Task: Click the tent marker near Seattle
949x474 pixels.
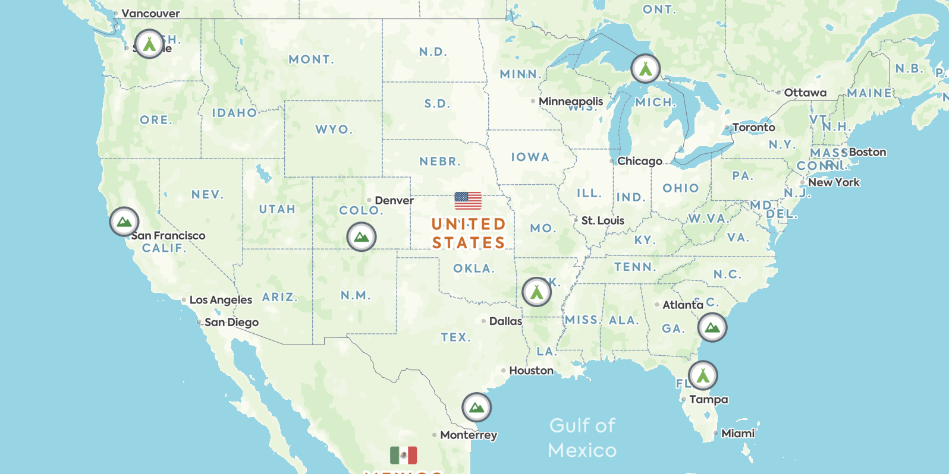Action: click(x=149, y=43)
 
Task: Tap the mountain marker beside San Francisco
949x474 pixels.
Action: click(x=124, y=222)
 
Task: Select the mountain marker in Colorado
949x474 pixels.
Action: click(x=361, y=237)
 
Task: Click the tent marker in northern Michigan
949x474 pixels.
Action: click(x=645, y=69)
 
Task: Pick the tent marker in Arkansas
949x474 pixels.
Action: click(x=536, y=292)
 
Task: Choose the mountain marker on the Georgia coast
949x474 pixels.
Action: click(x=712, y=327)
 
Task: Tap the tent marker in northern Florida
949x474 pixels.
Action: click(x=703, y=375)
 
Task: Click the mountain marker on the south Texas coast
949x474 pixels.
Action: click(x=476, y=407)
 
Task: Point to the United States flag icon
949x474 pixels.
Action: click(x=468, y=201)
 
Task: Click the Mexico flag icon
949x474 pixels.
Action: click(x=403, y=456)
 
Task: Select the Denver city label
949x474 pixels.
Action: click(x=394, y=201)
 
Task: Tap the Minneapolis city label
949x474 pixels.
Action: click(x=570, y=102)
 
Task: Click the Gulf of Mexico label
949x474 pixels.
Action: click(x=582, y=438)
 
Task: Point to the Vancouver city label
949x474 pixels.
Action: click(x=150, y=14)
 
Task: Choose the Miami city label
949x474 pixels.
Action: click(x=737, y=434)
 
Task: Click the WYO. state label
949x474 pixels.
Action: click(x=334, y=129)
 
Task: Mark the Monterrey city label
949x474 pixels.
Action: click(x=468, y=435)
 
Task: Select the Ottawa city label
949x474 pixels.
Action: click(x=805, y=93)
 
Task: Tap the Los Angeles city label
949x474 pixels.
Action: click(x=221, y=300)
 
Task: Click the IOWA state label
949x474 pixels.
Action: click(x=530, y=157)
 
